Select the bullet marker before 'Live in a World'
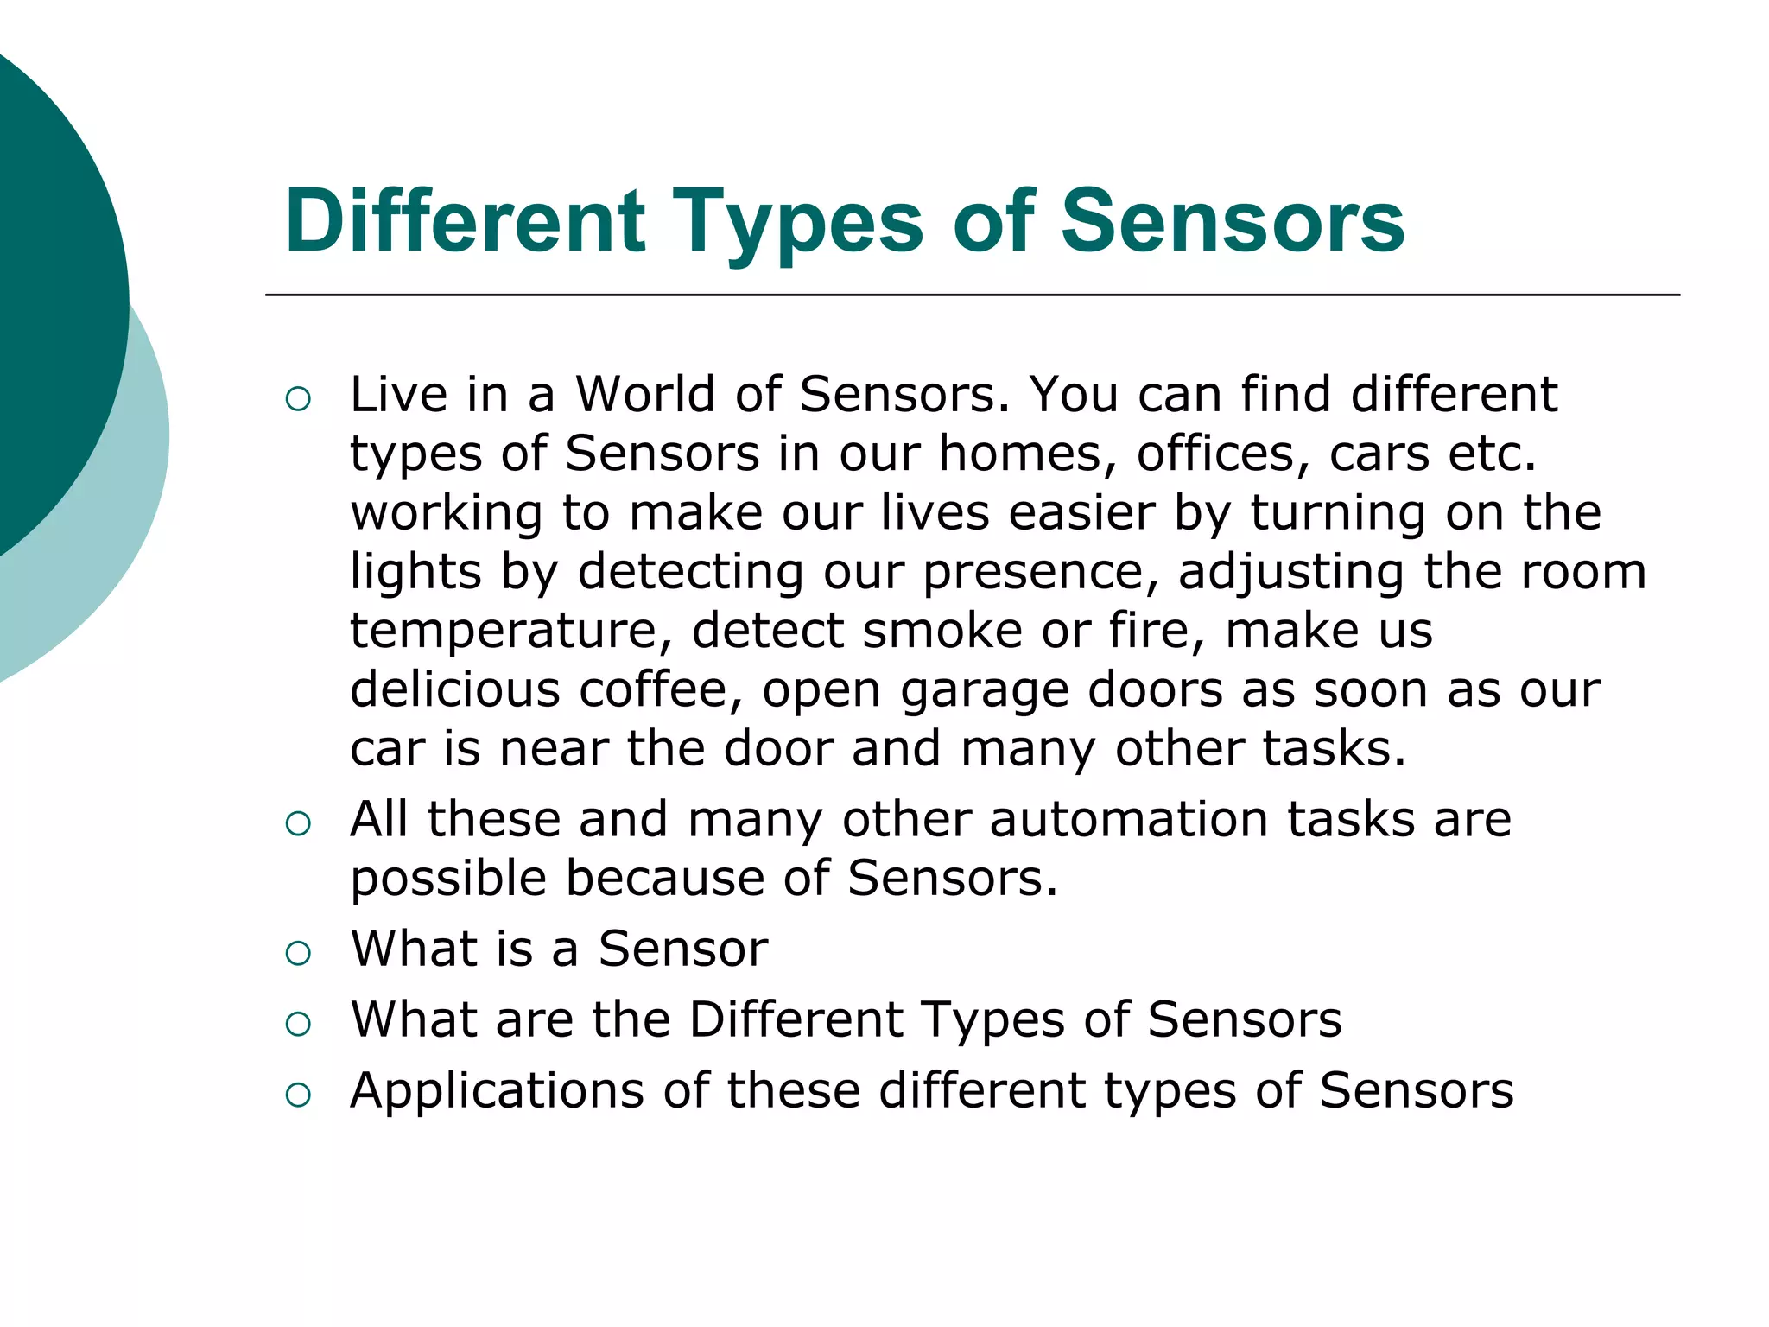tap(297, 398)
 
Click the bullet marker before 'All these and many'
tap(297, 822)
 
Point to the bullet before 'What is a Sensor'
tap(297, 953)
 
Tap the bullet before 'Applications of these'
tap(297, 1095)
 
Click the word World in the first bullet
tap(645, 395)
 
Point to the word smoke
tap(942, 631)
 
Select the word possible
tap(448, 879)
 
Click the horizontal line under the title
tap(972, 295)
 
